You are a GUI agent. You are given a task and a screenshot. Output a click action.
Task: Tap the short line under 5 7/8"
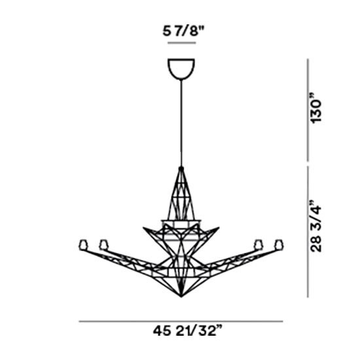181,43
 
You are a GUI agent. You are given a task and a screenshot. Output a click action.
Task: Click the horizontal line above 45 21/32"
181,321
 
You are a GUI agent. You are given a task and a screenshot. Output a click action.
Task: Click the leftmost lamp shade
82,245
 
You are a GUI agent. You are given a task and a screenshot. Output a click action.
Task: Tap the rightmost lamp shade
278,245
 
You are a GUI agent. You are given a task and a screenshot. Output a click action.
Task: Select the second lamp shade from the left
103,245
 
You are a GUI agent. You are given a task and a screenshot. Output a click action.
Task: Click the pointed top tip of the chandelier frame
180,168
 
